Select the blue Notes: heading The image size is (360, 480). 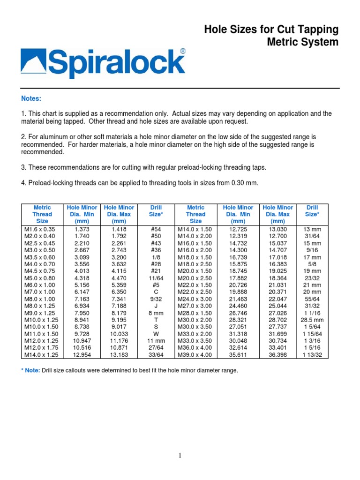(x=31, y=98)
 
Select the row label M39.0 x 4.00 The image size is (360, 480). (x=195, y=355)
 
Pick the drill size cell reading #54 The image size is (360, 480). (x=156, y=229)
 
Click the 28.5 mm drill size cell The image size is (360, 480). (x=312, y=320)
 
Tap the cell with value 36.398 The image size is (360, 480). (x=278, y=355)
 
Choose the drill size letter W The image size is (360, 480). (x=156, y=334)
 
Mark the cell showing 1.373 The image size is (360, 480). (x=82, y=229)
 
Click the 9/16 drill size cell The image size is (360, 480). (x=312, y=250)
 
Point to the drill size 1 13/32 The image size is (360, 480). (x=312, y=355)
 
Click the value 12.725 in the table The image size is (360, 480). (x=238, y=229)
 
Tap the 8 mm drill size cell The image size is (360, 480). (x=156, y=313)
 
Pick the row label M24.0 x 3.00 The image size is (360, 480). (x=195, y=299)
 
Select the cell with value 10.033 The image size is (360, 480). (x=119, y=334)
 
